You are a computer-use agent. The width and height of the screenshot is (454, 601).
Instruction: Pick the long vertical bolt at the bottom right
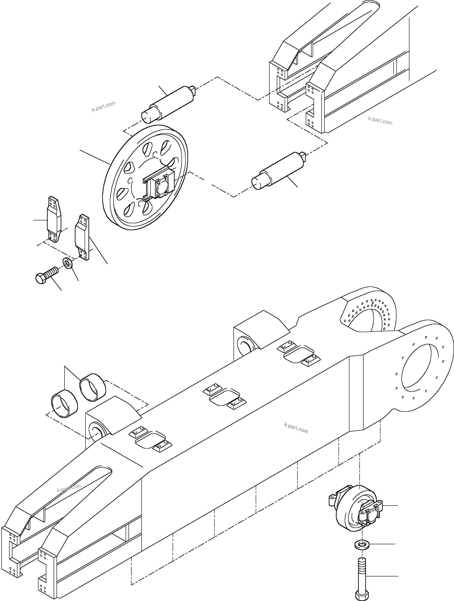(362, 576)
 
